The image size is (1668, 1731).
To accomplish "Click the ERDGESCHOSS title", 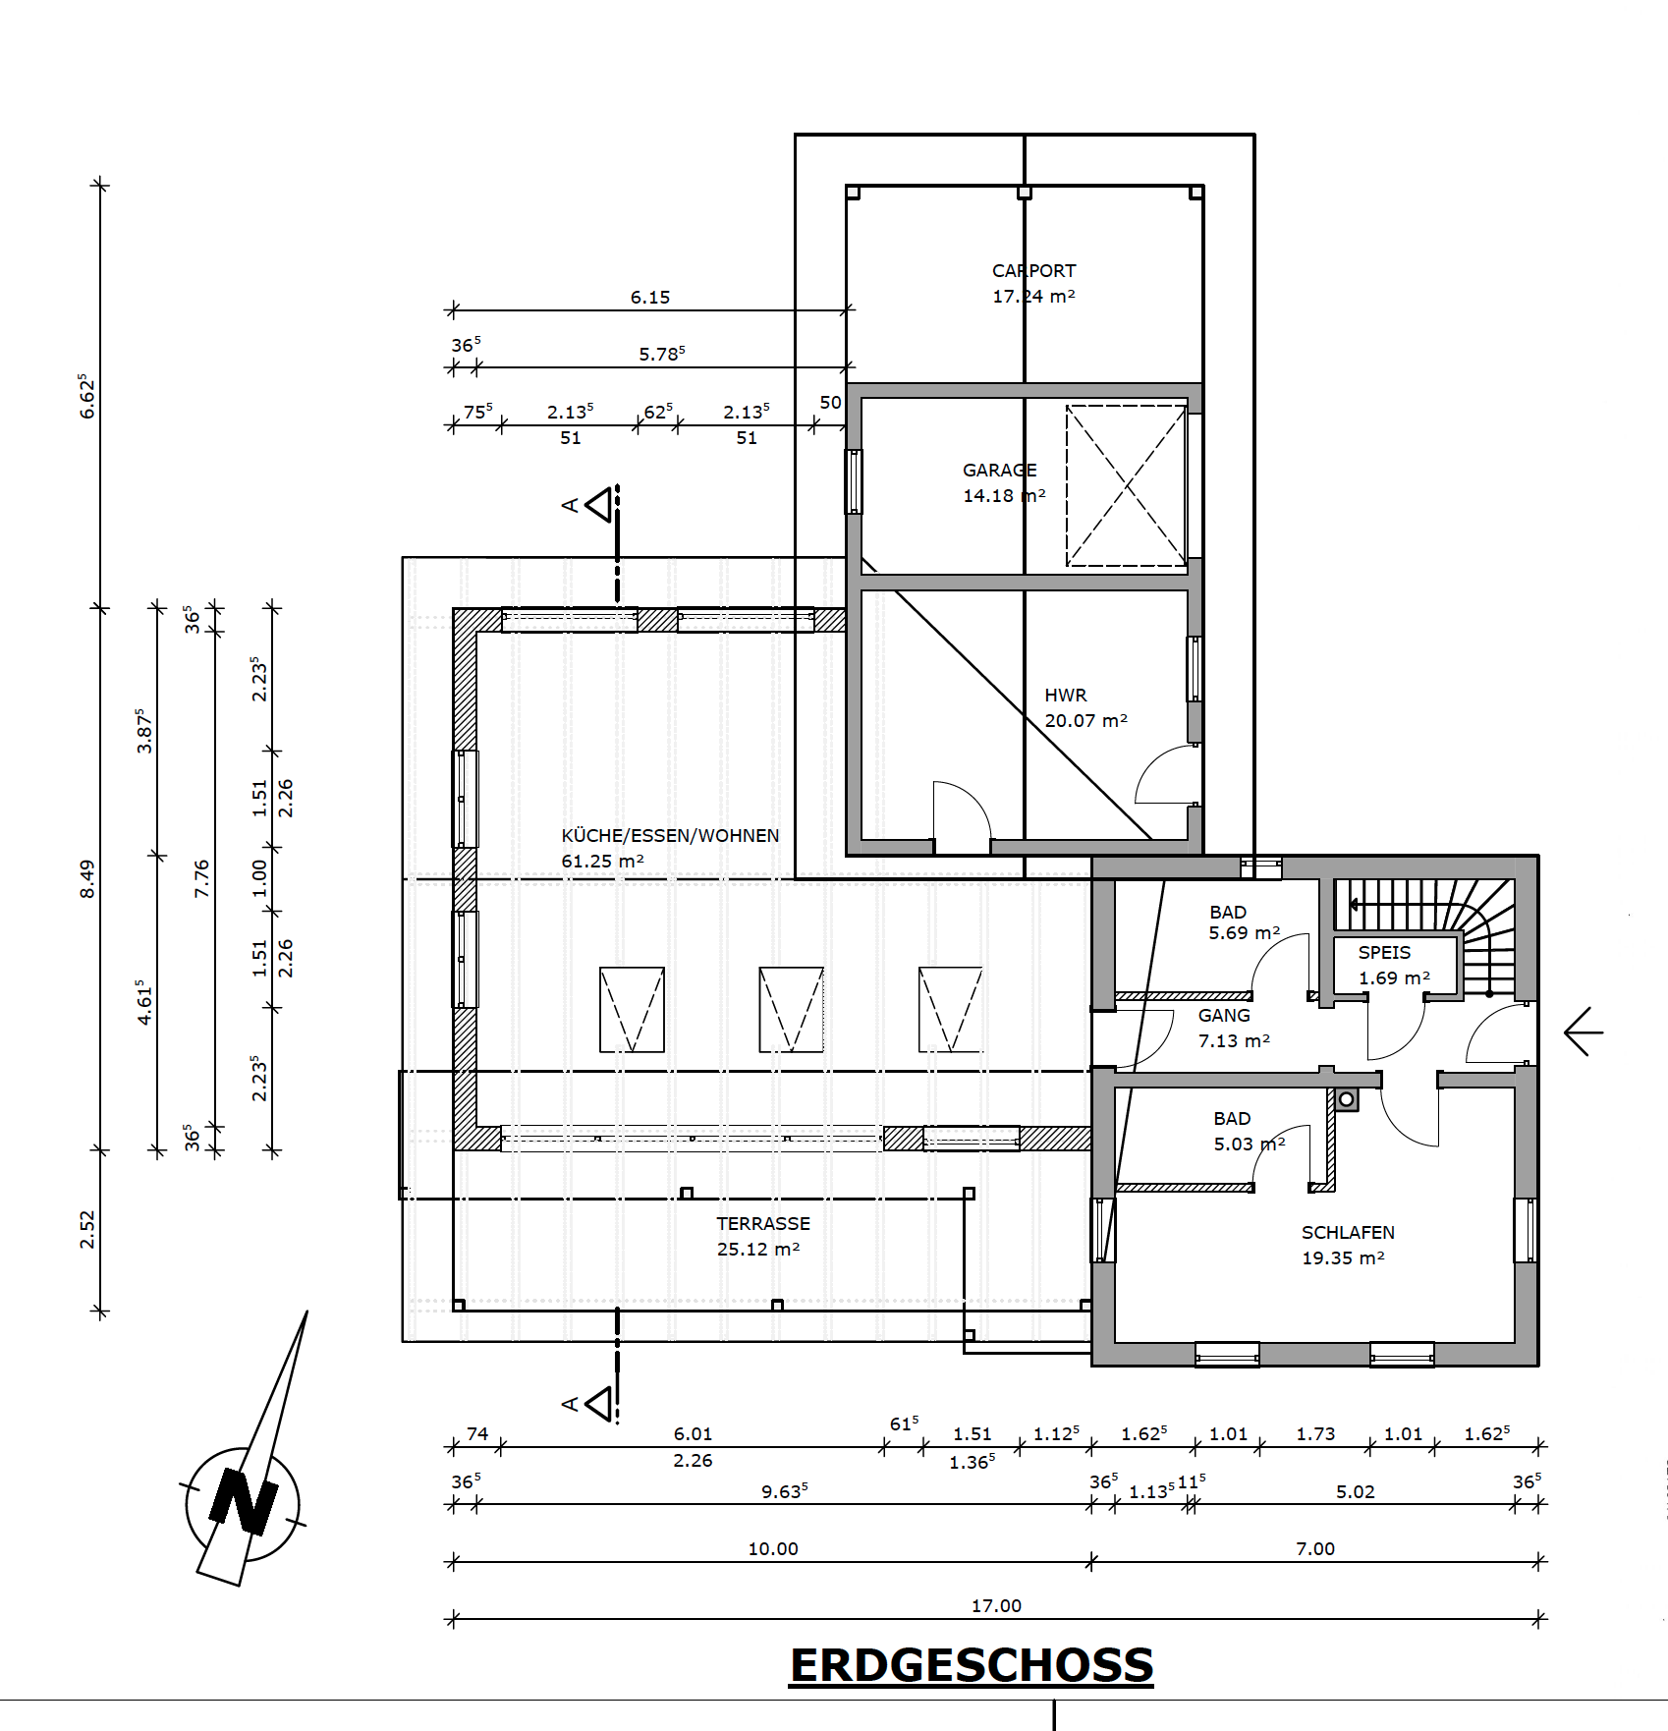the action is click(972, 1666).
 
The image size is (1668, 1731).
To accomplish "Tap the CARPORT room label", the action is click(1033, 270).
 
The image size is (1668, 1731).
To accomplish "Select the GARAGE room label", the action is click(999, 470).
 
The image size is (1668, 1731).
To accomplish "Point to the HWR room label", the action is click(1065, 695).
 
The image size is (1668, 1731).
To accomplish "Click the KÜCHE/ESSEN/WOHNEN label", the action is click(670, 835).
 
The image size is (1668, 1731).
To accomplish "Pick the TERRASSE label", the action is click(763, 1223).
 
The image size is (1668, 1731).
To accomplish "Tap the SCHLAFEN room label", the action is click(1348, 1232).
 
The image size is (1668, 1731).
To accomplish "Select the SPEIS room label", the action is click(1384, 952).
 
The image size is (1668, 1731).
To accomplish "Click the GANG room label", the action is click(1224, 1015).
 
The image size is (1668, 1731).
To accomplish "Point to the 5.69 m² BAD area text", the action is click(1244, 932).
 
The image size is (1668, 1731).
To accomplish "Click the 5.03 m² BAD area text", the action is click(1249, 1144).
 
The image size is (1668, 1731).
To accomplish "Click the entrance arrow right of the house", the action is click(1584, 1033).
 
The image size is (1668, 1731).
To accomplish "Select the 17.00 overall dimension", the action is click(996, 1605).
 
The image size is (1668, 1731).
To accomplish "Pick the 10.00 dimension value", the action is click(773, 1548).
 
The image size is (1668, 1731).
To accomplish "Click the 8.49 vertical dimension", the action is click(87, 878).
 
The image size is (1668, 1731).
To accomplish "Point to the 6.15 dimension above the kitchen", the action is click(650, 297).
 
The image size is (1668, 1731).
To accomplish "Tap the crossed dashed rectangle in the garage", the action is click(1127, 485).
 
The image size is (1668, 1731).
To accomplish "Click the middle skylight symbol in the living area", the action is click(791, 1010).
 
